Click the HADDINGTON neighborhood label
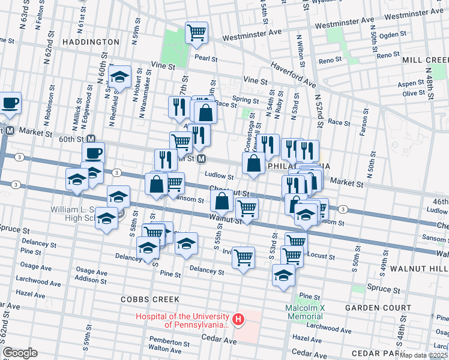click(91, 42)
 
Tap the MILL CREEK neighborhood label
click(426, 61)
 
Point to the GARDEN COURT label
click(378, 308)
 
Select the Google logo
click(20, 353)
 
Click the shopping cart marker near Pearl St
click(196, 32)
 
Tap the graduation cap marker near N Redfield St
click(119, 76)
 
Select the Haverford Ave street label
click(292, 73)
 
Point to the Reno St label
click(330, 61)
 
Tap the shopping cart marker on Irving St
click(243, 257)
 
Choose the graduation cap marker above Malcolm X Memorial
click(283, 275)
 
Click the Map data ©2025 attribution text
click(424, 355)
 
